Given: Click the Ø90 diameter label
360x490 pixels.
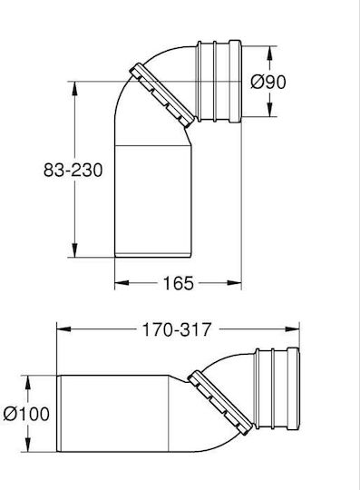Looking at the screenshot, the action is tap(268, 83).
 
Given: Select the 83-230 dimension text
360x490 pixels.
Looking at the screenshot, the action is tap(73, 171).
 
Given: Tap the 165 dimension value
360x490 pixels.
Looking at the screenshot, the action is tap(179, 283).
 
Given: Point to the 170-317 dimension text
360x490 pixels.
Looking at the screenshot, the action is tap(177, 329).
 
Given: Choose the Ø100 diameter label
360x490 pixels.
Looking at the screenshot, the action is tap(26, 414).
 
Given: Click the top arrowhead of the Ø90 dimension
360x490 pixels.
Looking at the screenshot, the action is tap(269, 54).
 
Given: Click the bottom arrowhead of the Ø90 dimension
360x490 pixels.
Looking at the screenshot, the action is tap(269, 110).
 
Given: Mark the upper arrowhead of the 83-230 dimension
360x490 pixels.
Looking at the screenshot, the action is tap(74, 89).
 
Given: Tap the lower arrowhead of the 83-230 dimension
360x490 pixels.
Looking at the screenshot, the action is tap(74, 250).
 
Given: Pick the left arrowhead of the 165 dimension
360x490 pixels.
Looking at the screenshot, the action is tap(122, 283).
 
